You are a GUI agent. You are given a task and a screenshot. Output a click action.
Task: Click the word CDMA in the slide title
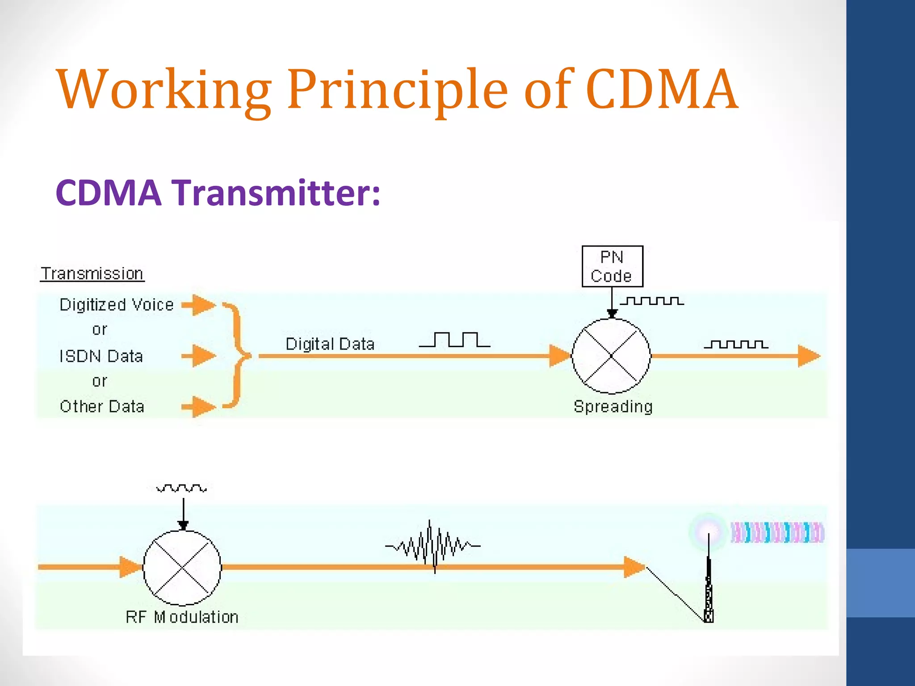tap(661, 89)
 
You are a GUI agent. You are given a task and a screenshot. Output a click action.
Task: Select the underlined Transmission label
tap(92, 273)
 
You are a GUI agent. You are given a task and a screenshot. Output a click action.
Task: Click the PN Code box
tap(612, 266)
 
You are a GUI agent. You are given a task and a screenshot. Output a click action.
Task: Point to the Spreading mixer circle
tap(611, 356)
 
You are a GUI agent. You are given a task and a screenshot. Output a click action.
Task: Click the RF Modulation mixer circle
tap(182, 568)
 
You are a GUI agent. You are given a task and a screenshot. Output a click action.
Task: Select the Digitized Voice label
tap(117, 305)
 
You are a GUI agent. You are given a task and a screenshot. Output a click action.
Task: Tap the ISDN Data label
tap(101, 356)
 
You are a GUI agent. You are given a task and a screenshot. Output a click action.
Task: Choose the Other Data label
tap(102, 406)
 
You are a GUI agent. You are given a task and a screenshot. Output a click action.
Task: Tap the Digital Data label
tap(330, 344)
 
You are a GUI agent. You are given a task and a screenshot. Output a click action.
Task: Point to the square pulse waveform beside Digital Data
tap(454, 340)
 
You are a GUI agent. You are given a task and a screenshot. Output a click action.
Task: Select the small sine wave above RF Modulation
tap(181, 488)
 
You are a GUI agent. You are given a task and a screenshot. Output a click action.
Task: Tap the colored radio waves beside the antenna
tap(777, 532)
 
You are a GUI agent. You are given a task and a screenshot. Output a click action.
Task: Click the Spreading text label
tap(613, 406)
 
